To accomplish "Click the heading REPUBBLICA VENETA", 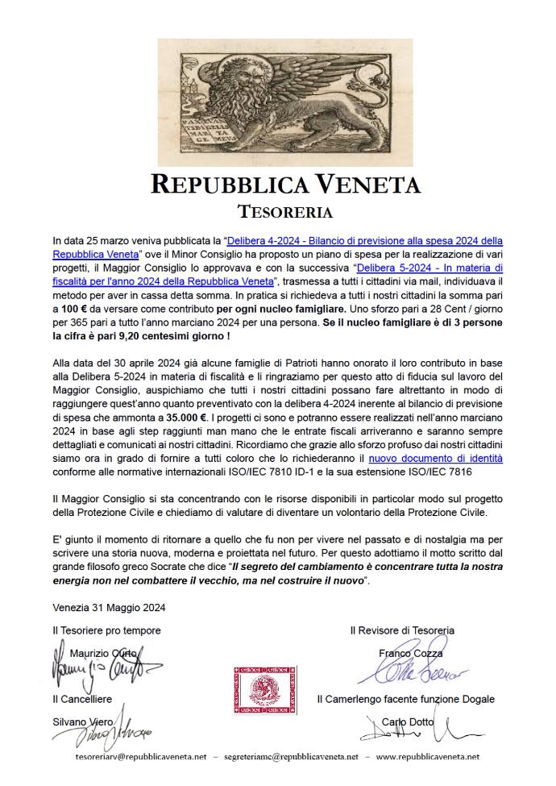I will [x=285, y=185].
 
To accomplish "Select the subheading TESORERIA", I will [x=285, y=212].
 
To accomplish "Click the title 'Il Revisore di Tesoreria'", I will [x=402, y=630].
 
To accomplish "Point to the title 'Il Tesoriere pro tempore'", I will [x=106, y=630].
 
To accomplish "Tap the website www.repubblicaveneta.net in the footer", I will [x=428, y=757].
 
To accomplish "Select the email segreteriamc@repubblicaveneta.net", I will [x=291, y=757].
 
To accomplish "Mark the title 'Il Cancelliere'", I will [x=82, y=699].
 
